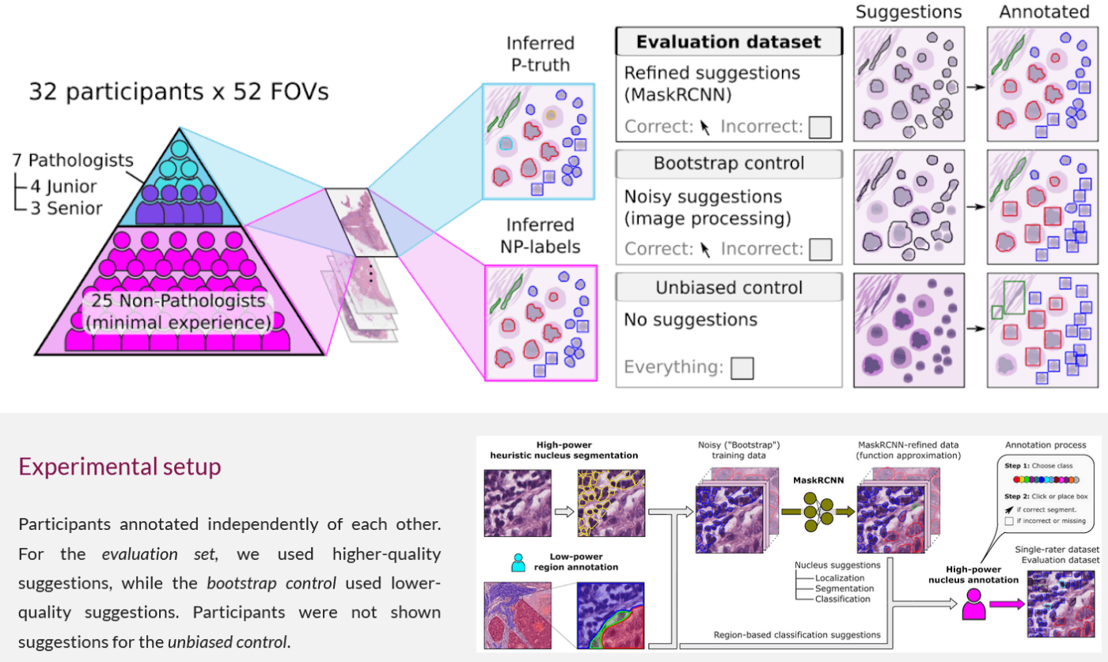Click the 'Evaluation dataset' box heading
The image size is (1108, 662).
click(x=728, y=42)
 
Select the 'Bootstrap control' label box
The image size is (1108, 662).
click(x=728, y=164)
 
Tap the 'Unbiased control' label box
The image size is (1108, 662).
click(x=728, y=287)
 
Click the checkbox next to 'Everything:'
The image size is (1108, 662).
click(x=742, y=368)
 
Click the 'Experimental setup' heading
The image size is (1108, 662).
click(x=120, y=467)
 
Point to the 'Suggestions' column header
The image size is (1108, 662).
click(x=909, y=12)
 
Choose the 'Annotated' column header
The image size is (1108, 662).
click(x=1042, y=12)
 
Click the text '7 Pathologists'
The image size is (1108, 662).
click(x=73, y=161)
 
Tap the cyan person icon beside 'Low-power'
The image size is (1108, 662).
click(x=518, y=562)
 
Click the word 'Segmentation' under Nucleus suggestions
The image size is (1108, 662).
click(x=845, y=588)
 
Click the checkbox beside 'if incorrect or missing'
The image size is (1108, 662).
click(x=1008, y=521)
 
